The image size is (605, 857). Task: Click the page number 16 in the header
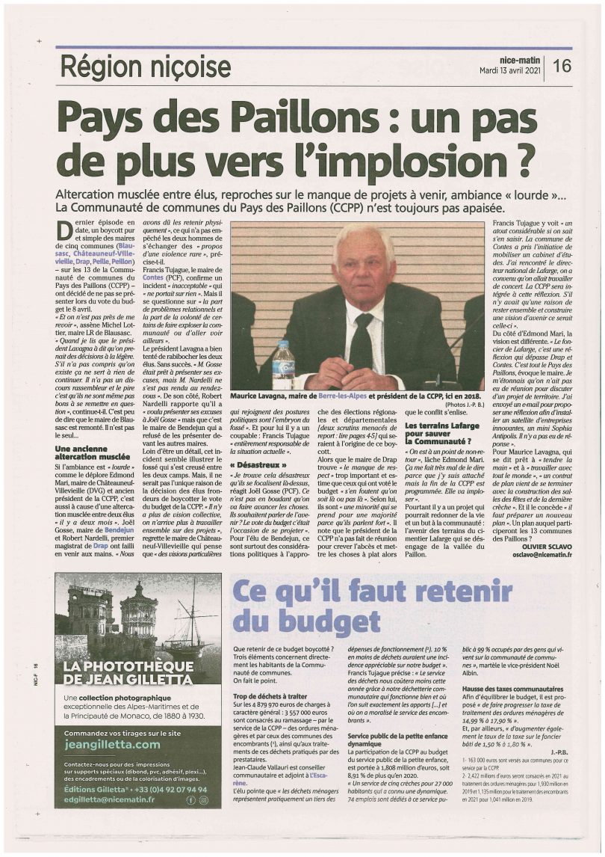click(x=562, y=66)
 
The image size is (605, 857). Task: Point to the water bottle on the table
click(x=283, y=365)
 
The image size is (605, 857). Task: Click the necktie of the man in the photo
click(x=362, y=340)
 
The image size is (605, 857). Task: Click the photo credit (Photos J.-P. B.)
click(x=465, y=404)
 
